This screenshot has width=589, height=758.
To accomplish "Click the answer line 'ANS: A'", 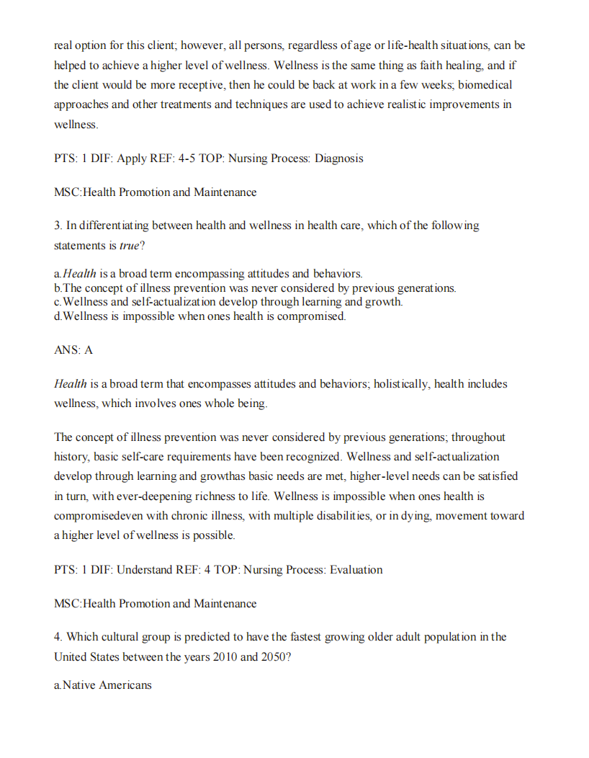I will [x=73, y=350].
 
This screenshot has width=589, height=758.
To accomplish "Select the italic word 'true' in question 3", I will [x=130, y=246].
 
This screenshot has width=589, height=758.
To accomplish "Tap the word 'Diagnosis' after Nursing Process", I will [x=338, y=159].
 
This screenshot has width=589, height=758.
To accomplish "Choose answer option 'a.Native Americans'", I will [x=103, y=685].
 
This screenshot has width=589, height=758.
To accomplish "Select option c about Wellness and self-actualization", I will [x=228, y=303].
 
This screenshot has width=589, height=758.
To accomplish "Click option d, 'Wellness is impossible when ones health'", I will [x=200, y=316].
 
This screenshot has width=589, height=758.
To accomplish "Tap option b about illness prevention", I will [x=255, y=288].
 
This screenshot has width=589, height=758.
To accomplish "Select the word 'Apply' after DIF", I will [x=132, y=159].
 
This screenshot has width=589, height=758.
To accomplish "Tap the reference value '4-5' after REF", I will [x=187, y=159].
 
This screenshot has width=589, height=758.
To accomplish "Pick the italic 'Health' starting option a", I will [x=79, y=274].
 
